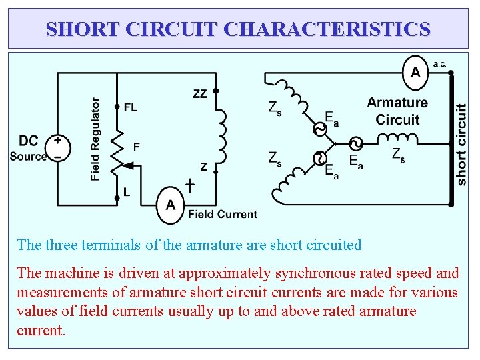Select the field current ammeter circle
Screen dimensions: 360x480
click(x=171, y=205)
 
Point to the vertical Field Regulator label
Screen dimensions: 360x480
click(x=95, y=139)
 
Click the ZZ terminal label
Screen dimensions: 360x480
click(x=199, y=94)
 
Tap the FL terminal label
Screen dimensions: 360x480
click(x=131, y=107)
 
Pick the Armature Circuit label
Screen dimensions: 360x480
click(x=397, y=111)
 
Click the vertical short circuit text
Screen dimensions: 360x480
click(x=461, y=143)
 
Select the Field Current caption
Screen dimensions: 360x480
click(x=222, y=214)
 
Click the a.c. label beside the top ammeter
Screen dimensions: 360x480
click(x=440, y=64)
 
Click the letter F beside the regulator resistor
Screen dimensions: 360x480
click(x=136, y=146)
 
